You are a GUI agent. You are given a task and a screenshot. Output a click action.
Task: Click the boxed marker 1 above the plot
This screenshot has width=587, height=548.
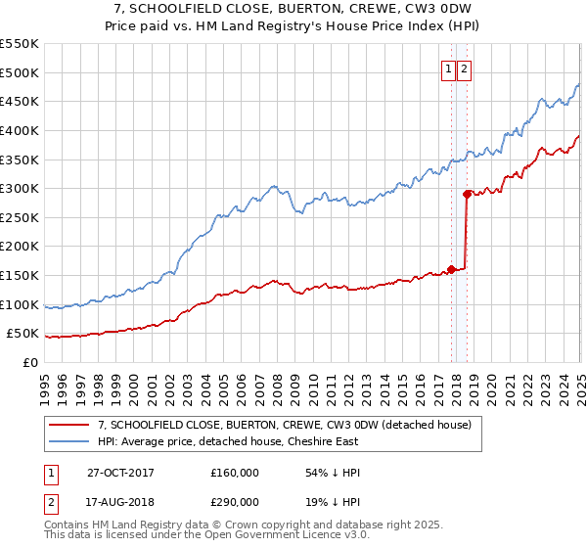point(448,68)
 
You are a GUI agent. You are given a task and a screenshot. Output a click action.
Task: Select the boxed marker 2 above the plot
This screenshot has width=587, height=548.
point(464,68)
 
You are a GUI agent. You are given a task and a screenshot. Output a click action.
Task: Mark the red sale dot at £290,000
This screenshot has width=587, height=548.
point(468,194)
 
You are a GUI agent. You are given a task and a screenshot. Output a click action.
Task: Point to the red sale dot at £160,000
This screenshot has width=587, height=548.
point(451,269)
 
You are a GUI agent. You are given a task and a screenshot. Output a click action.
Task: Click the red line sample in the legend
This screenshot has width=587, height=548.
point(69,425)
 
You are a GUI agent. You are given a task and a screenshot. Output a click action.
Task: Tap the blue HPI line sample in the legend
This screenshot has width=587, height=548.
point(69,441)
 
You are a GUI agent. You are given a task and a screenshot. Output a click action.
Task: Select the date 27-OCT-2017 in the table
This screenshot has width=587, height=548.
point(128,473)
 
